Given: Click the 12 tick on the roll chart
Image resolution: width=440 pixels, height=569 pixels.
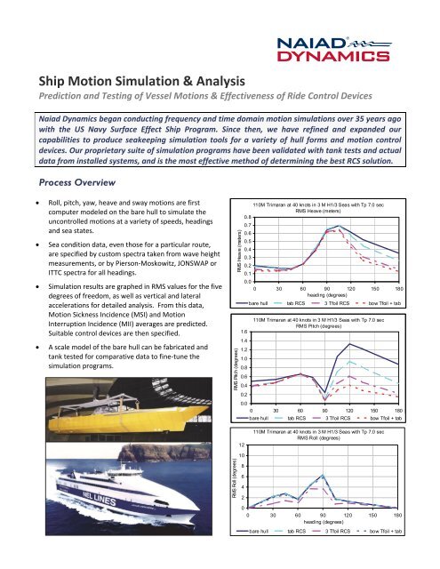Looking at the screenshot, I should click(x=238, y=445).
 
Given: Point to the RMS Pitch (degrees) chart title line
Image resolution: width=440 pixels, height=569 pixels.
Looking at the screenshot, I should click(x=324, y=325).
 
